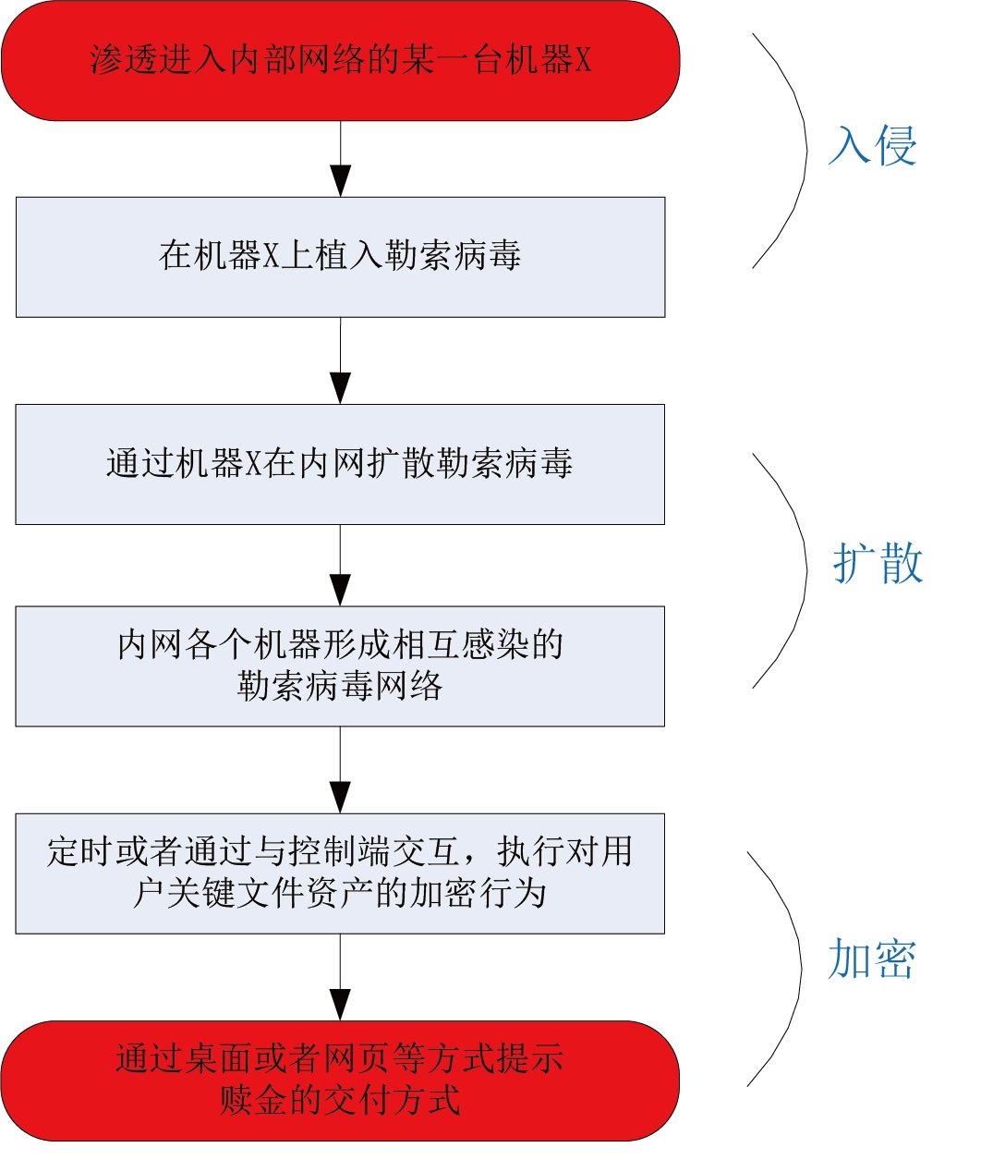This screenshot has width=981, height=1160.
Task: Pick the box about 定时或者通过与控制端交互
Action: (x=340, y=873)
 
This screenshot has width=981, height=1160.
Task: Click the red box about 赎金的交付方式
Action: (x=340, y=1080)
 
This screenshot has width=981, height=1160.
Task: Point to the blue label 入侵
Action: (x=873, y=146)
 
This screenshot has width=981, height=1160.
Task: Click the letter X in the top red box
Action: (x=583, y=60)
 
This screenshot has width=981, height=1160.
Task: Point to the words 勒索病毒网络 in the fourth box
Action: (x=340, y=686)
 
